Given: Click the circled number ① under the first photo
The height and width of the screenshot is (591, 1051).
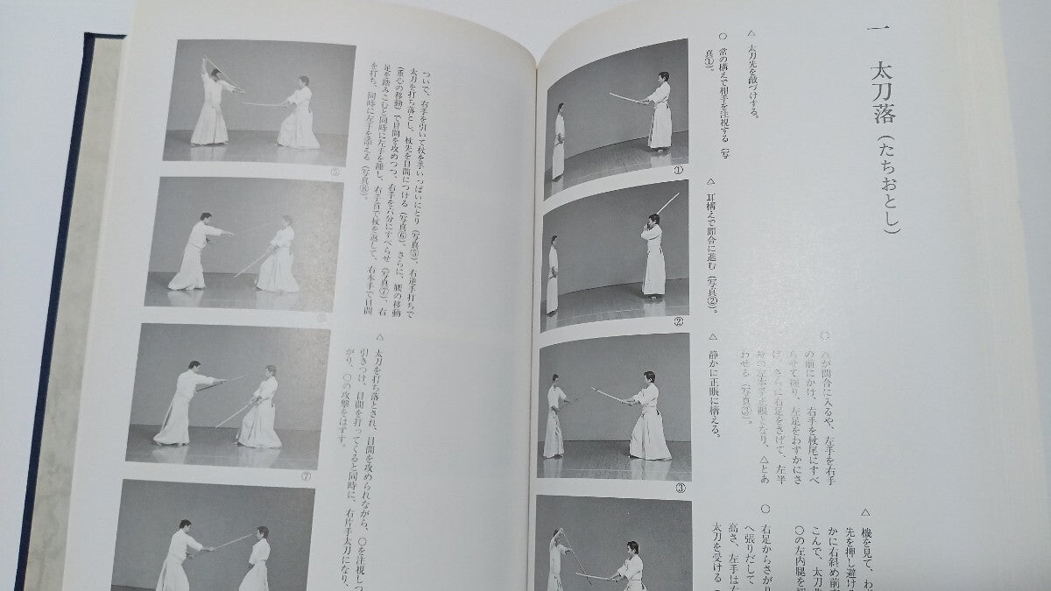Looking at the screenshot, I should point(677,171).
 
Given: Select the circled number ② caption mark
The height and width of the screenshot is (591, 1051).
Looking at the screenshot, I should point(678,321).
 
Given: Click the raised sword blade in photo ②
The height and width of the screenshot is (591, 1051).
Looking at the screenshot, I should point(667,205).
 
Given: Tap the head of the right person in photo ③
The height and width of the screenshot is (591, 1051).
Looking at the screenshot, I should point(648,377).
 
